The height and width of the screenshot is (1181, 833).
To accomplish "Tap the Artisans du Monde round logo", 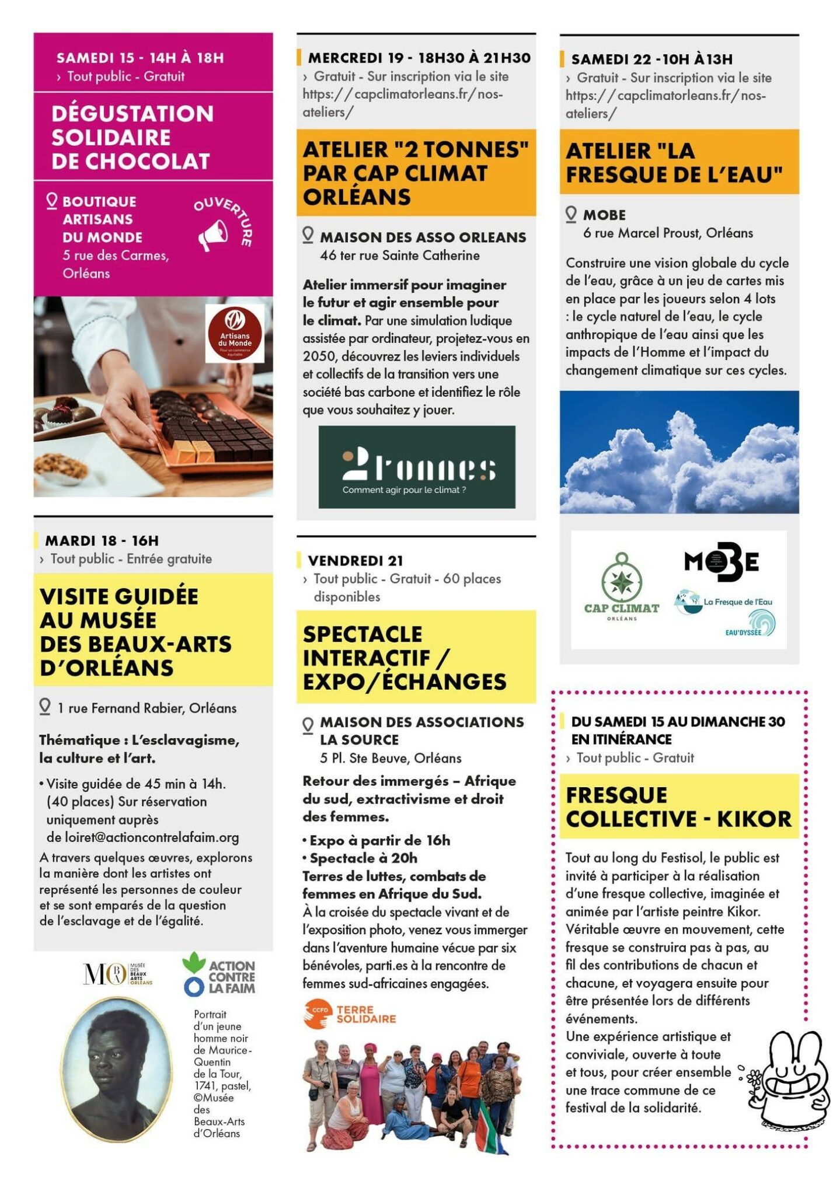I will pyautogui.click(x=235, y=333).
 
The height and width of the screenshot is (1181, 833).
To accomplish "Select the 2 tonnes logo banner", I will pyautogui.click(x=417, y=467).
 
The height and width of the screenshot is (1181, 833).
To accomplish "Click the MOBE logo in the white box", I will pyautogui.click(x=722, y=562).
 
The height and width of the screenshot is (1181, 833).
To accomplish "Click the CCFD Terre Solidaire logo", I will pyautogui.click(x=350, y=1014).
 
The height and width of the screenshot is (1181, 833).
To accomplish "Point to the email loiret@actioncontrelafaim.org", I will pyautogui.click(x=142, y=837).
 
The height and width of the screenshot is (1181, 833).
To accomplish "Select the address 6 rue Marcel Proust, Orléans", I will pyautogui.click(x=668, y=233).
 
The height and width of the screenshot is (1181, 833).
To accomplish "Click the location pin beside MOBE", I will pyautogui.click(x=571, y=214).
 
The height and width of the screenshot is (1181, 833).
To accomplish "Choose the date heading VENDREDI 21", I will pyautogui.click(x=355, y=560).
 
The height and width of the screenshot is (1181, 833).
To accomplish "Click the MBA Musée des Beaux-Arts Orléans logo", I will pyautogui.click(x=117, y=974).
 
